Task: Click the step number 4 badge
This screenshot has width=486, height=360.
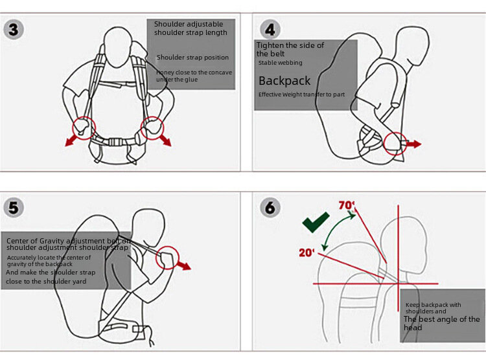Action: click(270, 29)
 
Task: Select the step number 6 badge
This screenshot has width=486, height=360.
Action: click(270, 207)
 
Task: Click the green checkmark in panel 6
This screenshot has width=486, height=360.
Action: click(316, 223)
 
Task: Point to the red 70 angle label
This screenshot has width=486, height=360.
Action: click(347, 206)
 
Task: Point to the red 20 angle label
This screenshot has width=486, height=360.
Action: click(307, 253)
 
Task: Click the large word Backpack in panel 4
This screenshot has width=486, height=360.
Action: click(284, 81)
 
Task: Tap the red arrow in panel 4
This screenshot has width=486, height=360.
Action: click(412, 144)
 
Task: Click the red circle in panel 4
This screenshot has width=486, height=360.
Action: click(395, 143)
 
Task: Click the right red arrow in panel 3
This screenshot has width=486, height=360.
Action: click(165, 139)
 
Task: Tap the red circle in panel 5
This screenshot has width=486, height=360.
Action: click(168, 257)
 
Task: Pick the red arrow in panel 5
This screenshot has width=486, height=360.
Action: click(185, 264)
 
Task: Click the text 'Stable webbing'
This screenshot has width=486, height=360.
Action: click(280, 63)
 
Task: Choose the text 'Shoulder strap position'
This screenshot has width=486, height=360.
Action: click(192, 58)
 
